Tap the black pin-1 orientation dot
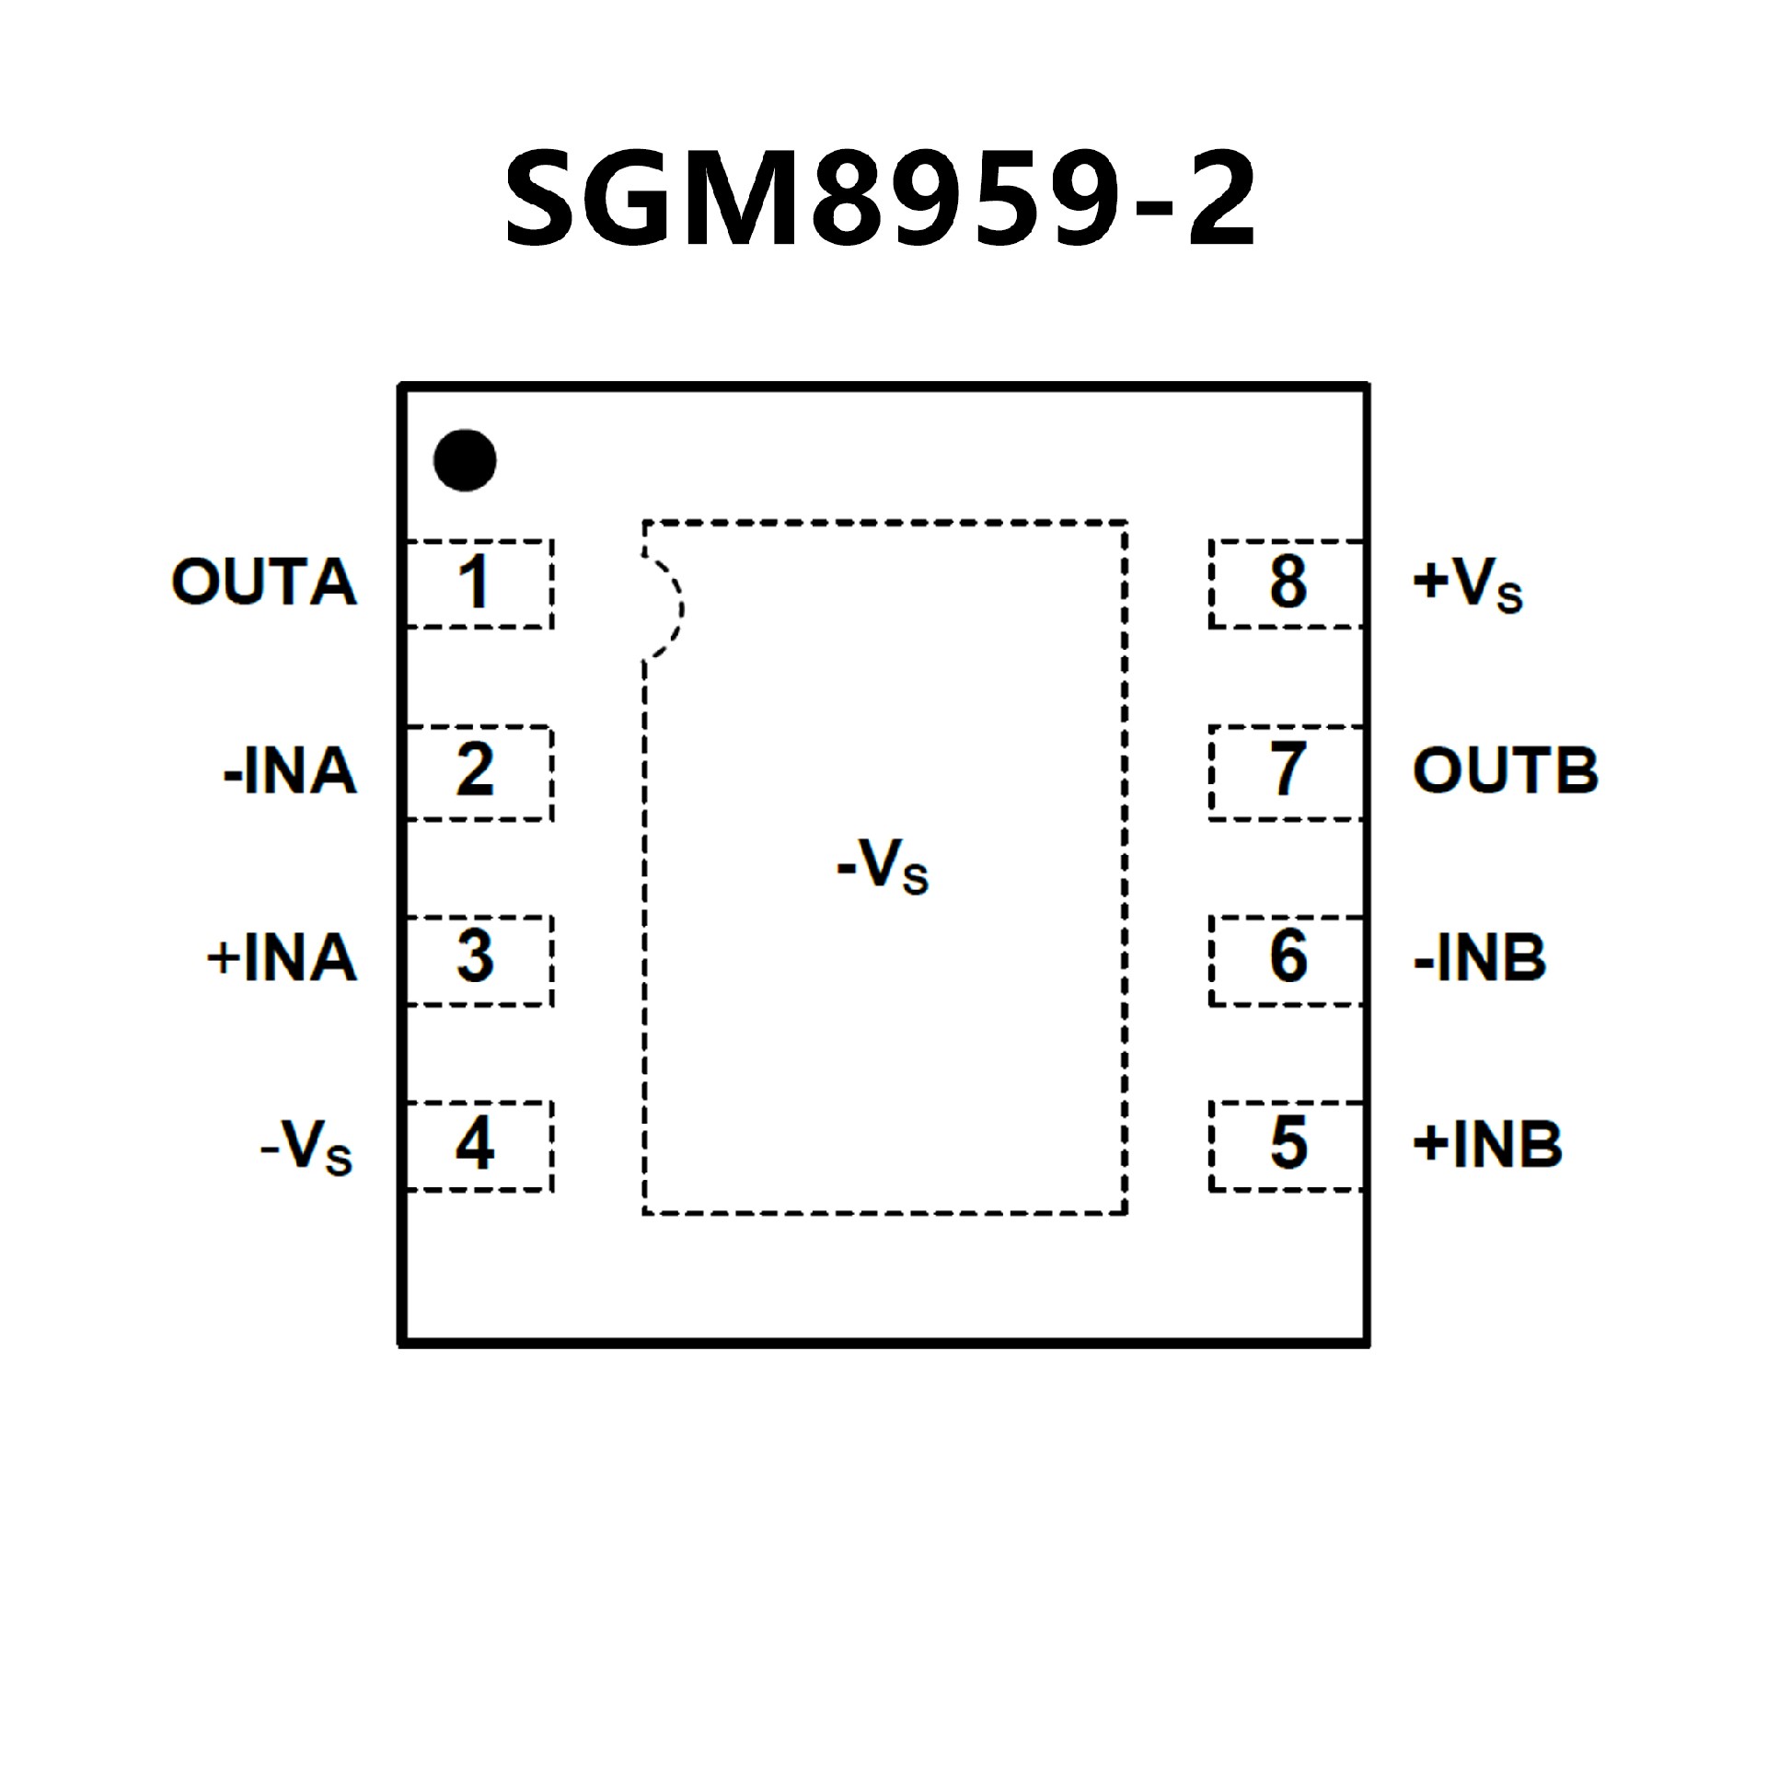coord(465,460)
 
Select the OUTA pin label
coord(264,583)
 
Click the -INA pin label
coord(290,771)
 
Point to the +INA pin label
coord(282,958)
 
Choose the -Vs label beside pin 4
coord(306,1148)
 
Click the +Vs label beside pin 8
coord(1467,585)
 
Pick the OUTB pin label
coord(1506,771)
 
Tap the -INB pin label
coord(1480,958)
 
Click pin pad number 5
coord(1287,1146)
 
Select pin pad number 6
coord(1287,959)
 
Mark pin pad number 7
coord(1287,771)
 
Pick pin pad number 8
coord(1287,583)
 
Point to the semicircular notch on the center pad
coord(664,607)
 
